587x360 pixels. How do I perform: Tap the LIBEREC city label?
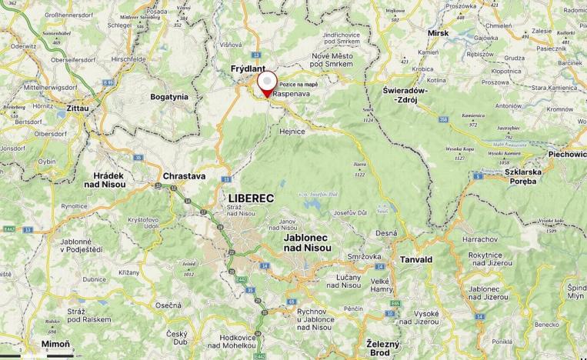point(252,198)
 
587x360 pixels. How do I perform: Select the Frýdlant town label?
point(248,69)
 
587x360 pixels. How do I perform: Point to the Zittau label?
point(78,108)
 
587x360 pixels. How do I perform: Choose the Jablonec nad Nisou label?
point(307,242)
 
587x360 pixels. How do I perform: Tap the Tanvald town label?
point(416,259)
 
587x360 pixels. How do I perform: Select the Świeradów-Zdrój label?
point(410,95)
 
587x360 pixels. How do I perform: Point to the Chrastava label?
point(184,176)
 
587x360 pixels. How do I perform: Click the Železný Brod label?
point(379,348)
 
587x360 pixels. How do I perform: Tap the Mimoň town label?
point(55,343)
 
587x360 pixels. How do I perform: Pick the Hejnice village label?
point(292,132)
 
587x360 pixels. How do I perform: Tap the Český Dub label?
point(178,338)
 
